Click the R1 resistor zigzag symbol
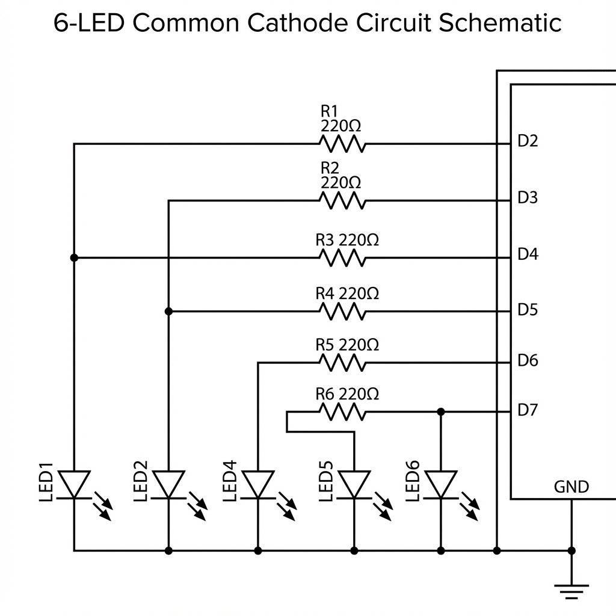coord(341,144)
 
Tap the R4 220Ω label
coord(347,294)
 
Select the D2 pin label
coord(528,141)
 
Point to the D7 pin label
coord(528,410)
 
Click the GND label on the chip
coord(571,487)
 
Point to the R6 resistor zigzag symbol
coord(341,412)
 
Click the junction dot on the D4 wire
coord(74,257)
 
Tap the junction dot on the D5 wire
coord(168,311)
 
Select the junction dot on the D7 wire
coord(441,411)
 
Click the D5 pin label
coord(528,310)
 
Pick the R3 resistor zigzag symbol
coord(341,258)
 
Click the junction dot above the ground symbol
coord(571,550)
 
